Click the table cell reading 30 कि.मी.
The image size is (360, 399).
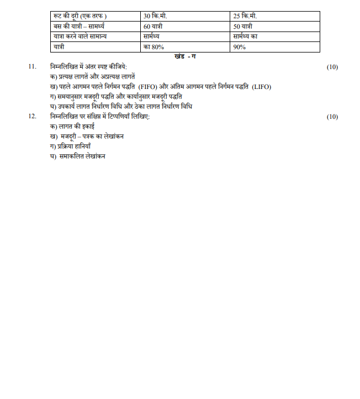click(155, 16)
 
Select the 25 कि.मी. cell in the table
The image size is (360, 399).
click(245, 16)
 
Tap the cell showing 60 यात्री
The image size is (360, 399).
click(154, 27)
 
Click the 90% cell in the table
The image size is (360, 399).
click(240, 48)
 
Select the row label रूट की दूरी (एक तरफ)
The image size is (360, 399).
click(77, 16)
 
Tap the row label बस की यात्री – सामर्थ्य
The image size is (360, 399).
click(78, 27)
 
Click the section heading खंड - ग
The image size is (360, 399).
click(184, 56)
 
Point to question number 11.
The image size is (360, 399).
click(32, 67)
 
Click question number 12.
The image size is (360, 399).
click(32, 117)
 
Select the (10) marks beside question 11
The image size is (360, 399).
click(332, 67)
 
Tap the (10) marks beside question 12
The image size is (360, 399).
click(332, 117)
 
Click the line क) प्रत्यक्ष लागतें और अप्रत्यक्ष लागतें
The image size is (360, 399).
click(93, 77)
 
